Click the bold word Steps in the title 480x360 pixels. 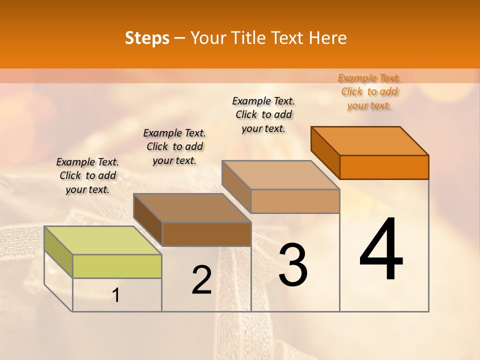click(x=147, y=38)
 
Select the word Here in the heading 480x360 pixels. click(x=327, y=38)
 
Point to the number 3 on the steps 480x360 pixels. click(x=293, y=265)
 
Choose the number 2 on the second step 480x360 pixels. click(x=201, y=280)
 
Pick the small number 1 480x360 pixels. click(x=116, y=295)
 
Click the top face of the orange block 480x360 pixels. click(x=370, y=141)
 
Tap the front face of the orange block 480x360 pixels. click(x=384, y=167)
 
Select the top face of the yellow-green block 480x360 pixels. click(x=103, y=240)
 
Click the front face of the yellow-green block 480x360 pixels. click(x=117, y=266)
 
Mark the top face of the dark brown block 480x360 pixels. click(x=192, y=208)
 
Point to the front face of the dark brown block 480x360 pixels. click(x=206, y=234)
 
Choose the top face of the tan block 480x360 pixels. click(x=280, y=175)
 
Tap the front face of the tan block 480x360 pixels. click(x=295, y=201)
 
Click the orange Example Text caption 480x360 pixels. click(x=369, y=91)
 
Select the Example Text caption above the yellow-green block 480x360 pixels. click(x=87, y=175)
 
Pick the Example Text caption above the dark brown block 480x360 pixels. click(x=174, y=146)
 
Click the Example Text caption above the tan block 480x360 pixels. click(x=263, y=114)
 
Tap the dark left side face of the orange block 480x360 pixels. click(x=325, y=152)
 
